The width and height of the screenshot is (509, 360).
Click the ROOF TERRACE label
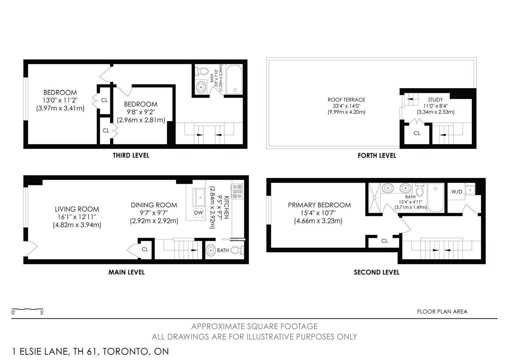click(x=346, y=100)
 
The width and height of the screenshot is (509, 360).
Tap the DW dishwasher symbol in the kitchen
click(x=199, y=213)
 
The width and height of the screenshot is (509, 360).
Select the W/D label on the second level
click(x=457, y=192)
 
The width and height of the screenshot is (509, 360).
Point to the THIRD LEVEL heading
click(x=131, y=155)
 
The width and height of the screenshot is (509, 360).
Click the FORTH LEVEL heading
click(x=377, y=156)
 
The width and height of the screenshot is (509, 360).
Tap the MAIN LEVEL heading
click(x=126, y=272)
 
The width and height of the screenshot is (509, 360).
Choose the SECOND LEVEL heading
click(x=376, y=272)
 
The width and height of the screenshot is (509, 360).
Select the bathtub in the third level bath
click(x=234, y=80)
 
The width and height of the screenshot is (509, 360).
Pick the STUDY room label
click(x=435, y=100)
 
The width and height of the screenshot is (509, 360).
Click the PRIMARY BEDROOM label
click(x=319, y=205)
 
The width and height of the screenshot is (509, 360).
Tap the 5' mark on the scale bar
click(x=42, y=313)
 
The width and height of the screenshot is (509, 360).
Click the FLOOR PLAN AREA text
click(x=442, y=312)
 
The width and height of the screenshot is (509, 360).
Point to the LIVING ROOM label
click(x=77, y=209)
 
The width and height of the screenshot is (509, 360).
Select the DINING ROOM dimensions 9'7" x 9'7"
click(x=154, y=213)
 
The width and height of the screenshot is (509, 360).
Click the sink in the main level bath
click(x=211, y=250)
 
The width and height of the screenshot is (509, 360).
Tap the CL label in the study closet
click(x=417, y=133)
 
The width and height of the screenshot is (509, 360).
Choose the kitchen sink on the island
click(x=199, y=197)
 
